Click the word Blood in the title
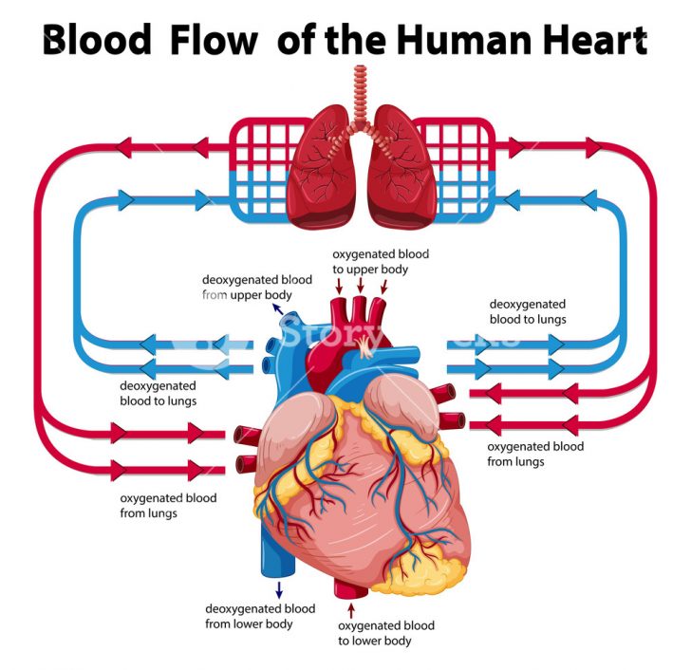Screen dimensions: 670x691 coord(97,41)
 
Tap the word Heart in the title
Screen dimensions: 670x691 coord(590,41)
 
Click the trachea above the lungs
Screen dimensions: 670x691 coord(359,95)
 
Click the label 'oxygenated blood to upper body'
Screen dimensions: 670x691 coord(380,262)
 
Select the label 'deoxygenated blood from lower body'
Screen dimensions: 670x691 coord(260,616)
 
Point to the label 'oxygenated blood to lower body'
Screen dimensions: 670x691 coord(385,633)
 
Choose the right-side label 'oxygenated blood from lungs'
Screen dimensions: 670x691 coord(534,454)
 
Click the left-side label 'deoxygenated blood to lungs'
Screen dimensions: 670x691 coord(158,393)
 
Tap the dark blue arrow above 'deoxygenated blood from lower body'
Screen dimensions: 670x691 coord(278,590)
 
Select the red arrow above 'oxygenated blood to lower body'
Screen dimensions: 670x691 coord(350,606)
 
